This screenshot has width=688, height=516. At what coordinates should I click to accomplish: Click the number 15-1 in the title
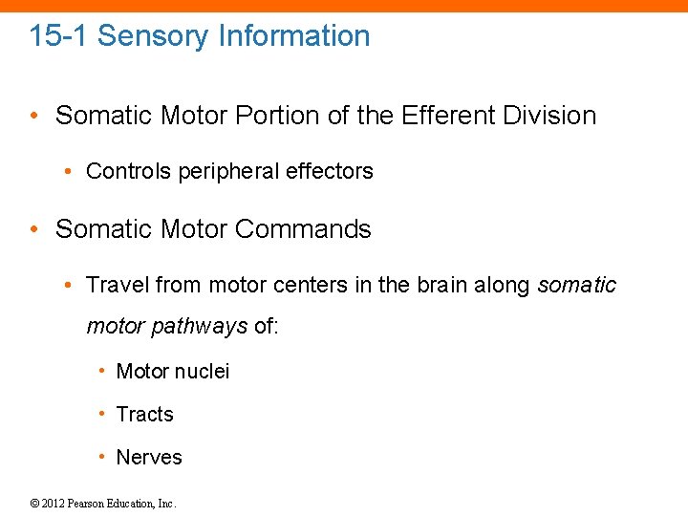[x=58, y=36]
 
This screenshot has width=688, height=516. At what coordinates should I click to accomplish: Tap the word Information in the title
[x=293, y=36]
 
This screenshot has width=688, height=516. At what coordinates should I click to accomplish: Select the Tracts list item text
[x=144, y=414]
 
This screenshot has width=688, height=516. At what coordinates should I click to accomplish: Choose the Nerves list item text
[x=148, y=457]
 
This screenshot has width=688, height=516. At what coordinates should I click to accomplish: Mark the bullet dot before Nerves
[x=102, y=456]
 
